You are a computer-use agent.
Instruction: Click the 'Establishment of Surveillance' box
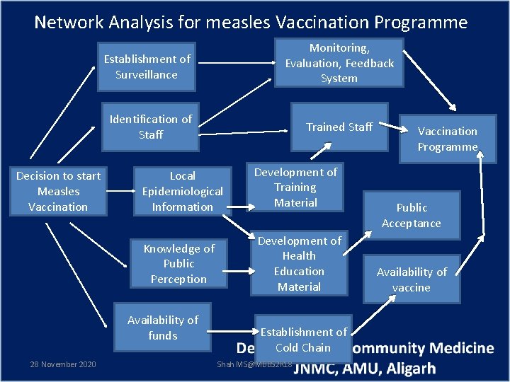coord(147,67)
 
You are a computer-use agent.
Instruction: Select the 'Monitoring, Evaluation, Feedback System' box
coord(339,63)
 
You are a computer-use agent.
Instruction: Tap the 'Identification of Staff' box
coord(150,127)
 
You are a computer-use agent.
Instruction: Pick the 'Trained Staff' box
coord(339,127)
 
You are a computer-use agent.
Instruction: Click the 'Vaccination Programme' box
coord(447,139)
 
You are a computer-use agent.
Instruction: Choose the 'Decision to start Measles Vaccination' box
coord(58,191)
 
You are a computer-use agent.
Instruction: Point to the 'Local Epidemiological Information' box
coord(182,191)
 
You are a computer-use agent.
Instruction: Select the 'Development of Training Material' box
coord(295,187)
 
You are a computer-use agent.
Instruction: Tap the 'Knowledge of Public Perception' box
coord(178,263)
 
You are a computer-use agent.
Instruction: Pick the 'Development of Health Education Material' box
coord(299,264)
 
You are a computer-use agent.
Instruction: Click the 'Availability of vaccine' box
coord(412,279)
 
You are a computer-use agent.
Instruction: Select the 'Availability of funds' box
coord(163,328)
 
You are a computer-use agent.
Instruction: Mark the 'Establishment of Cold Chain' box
coord(302,340)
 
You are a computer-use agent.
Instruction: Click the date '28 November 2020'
coord(63,364)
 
